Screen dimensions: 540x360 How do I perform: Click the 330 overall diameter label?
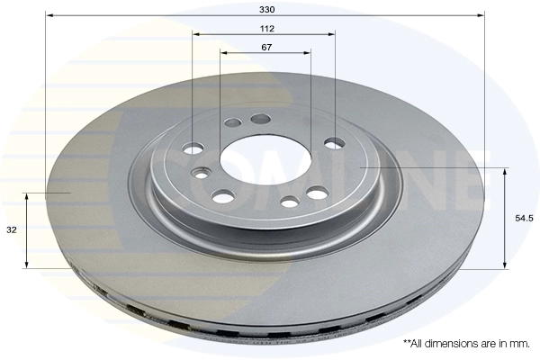pos(267,10)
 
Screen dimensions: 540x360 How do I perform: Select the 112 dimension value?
pos(267,29)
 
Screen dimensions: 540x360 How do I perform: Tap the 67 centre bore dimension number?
pos(266,47)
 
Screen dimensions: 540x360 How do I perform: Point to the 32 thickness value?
pos(12,230)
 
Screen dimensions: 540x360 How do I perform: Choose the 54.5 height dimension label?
pos(524,218)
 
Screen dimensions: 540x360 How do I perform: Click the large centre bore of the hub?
pos(265,157)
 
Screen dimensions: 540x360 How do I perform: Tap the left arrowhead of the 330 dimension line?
pos(49,15)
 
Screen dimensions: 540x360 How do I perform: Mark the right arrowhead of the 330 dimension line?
pos(481,15)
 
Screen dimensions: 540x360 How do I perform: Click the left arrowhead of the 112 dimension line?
pos(196,34)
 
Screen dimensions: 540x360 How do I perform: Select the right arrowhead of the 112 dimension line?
pos(331,34)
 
